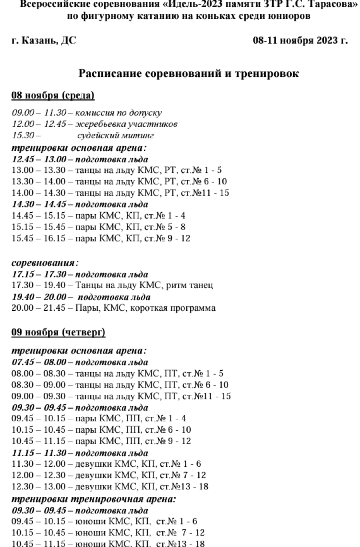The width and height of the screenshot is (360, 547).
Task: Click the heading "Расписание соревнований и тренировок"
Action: click(189, 74)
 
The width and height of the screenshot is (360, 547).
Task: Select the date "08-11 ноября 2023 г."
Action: click(300, 41)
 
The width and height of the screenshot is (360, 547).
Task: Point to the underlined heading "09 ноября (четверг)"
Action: click(59, 332)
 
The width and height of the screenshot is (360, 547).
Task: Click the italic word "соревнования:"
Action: click(45, 263)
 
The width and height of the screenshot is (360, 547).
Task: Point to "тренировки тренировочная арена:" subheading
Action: click(94, 499)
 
